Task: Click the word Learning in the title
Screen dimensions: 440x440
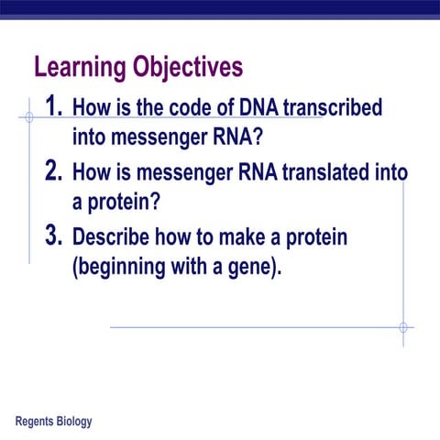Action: point(80,69)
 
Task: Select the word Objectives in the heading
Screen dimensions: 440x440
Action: point(188,69)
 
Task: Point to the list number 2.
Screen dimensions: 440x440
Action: point(54,171)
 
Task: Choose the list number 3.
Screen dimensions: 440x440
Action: point(54,236)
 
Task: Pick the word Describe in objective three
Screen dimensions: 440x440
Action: point(110,237)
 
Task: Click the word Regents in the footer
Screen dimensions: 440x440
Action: point(38,422)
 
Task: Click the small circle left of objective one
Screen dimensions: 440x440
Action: point(28,117)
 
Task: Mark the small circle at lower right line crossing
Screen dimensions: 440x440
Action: point(402,326)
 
